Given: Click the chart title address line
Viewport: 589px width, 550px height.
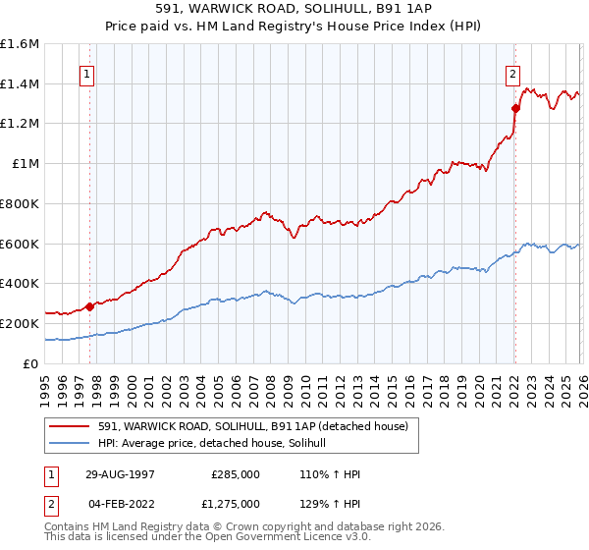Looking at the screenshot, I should [294, 9].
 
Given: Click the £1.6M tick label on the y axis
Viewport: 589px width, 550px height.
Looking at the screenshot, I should [21, 44].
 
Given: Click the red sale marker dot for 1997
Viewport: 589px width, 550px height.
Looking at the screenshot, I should [90, 306].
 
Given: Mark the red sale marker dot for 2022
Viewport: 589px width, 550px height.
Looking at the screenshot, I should [515, 109].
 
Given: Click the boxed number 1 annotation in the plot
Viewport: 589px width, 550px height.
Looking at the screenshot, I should [89, 73].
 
